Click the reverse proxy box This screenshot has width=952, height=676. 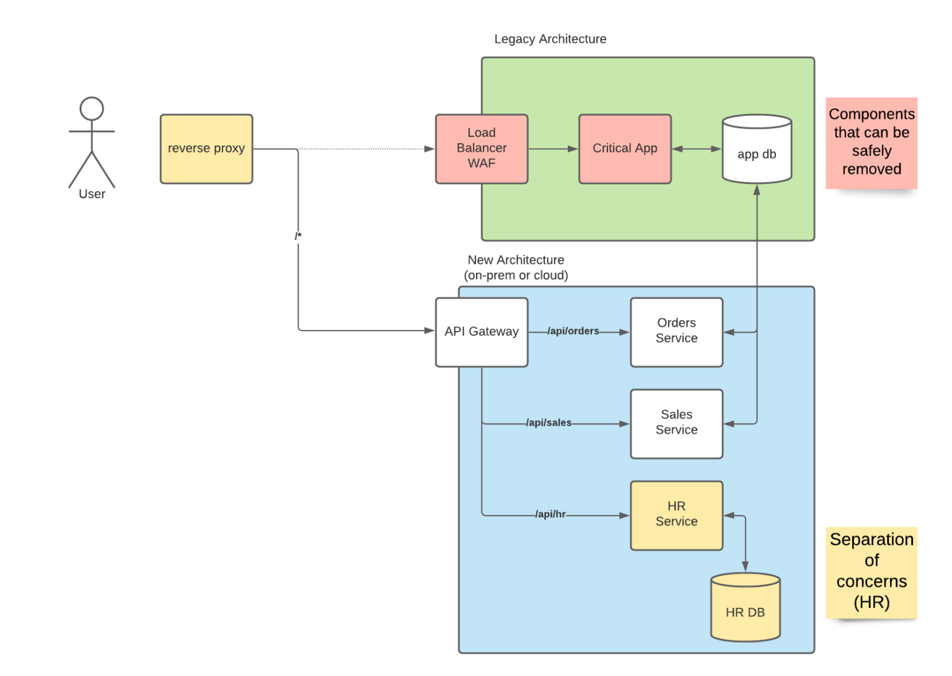pyautogui.click(x=206, y=149)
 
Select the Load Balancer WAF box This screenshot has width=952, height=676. pyautogui.click(x=482, y=149)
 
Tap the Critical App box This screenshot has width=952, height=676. pyautogui.click(x=625, y=149)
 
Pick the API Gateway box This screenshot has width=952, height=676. pyautogui.click(x=482, y=332)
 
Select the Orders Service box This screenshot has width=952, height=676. pyautogui.click(x=676, y=332)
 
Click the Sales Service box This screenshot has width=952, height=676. pyautogui.click(x=676, y=423)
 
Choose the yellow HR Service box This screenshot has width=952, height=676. pyautogui.click(x=676, y=515)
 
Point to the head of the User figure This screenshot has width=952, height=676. pyautogui.click(x=92, y=109)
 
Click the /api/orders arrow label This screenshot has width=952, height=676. pyautogui.click(x=573, y=331)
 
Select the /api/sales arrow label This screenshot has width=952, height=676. pyautogui.click(x=549, y=423)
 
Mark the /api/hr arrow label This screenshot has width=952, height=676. pyautogui.click(x=550, y=514)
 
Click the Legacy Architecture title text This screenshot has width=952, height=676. pyautogui.click(x=550, y=39)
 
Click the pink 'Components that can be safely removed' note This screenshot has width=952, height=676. pyautogui.click(x=871, y=142)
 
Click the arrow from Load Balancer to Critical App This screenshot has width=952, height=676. pyautogui.click(x=553, y=149)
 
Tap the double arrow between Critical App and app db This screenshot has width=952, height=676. pyautogui.click(x=697, y=149)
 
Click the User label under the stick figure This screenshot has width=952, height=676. pyautogui.click(x=92, y=194)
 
